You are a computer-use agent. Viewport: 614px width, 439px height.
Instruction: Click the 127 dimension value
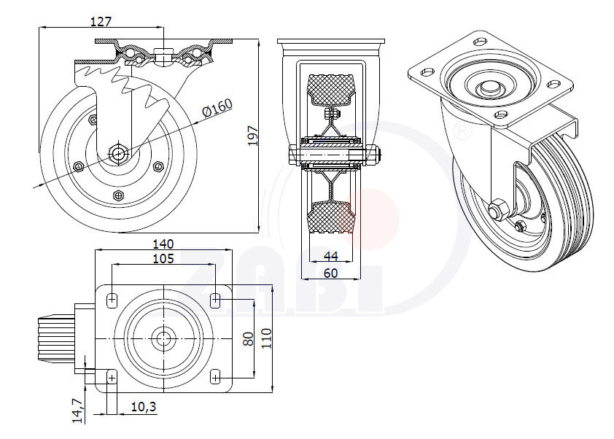(101, 21)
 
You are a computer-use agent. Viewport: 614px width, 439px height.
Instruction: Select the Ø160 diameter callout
(217, 108)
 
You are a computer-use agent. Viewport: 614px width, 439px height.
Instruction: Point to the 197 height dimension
(253, 136)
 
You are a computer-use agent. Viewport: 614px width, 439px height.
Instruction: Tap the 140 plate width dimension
(163, 243)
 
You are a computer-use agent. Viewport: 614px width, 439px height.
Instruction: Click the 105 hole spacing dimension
(163, 259)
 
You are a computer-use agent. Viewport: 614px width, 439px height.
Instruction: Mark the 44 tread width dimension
(331, 256)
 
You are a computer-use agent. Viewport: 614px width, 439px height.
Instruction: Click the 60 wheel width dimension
(331, 273)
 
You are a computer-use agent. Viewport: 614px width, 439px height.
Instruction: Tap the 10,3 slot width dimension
(144, 408)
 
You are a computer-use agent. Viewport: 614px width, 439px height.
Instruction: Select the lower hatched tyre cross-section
(332, 217)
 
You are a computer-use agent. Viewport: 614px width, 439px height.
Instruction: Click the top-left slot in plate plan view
(112, 299)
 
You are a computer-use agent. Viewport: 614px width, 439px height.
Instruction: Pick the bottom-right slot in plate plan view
(215, 376)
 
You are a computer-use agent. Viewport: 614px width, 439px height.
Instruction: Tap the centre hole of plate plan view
(163, 338)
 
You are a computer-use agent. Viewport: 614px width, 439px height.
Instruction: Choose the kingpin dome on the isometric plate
(488, 87)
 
